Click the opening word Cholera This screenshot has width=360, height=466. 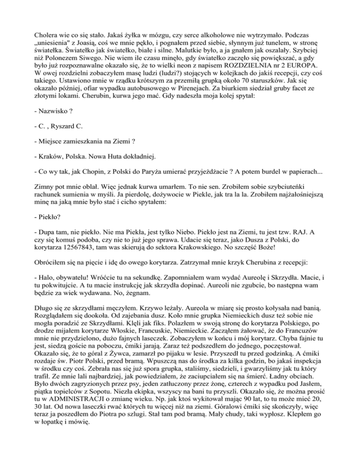coord(49,34)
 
